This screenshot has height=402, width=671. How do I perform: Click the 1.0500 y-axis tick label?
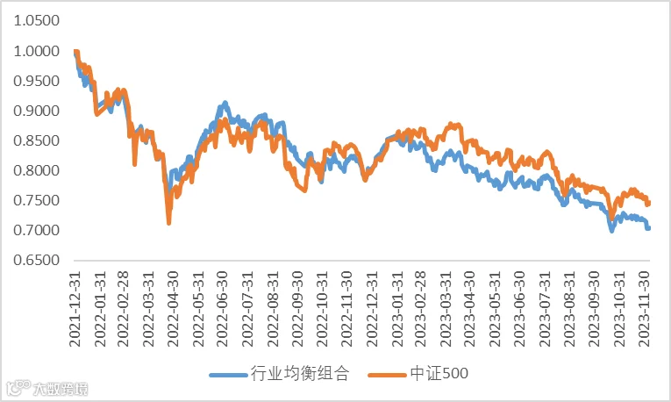point(36,20)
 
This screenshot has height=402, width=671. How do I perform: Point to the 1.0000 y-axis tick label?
point(36,52)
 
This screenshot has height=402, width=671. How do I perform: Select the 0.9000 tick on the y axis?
point(36,111)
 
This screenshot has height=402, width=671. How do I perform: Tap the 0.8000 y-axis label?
point(36,170)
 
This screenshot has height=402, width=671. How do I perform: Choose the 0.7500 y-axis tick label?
point(36,200)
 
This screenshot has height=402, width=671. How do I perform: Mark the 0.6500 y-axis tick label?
point(36,260)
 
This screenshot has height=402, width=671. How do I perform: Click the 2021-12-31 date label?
point(75,309)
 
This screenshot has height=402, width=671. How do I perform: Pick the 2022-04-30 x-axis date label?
point(174,309)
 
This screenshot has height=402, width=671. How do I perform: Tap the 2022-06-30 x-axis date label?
point(223,309)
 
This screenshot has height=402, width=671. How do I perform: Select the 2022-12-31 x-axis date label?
point(371,309)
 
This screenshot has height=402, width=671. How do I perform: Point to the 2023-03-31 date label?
point(446,309)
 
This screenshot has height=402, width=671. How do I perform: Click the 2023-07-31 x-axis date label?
point(545,309)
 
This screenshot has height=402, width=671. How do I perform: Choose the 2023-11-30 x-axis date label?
point(644,309)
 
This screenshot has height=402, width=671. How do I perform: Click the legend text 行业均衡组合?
point(300,374)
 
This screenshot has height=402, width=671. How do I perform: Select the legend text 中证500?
point(439,374)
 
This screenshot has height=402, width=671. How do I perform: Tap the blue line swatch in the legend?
point(229,375)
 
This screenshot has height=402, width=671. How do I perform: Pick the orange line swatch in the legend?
point(387,375)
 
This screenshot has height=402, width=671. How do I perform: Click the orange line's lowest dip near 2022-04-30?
point(169,223)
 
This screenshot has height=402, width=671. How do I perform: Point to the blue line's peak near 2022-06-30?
point(225,103)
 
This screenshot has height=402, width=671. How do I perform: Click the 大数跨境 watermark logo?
point(47,388)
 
